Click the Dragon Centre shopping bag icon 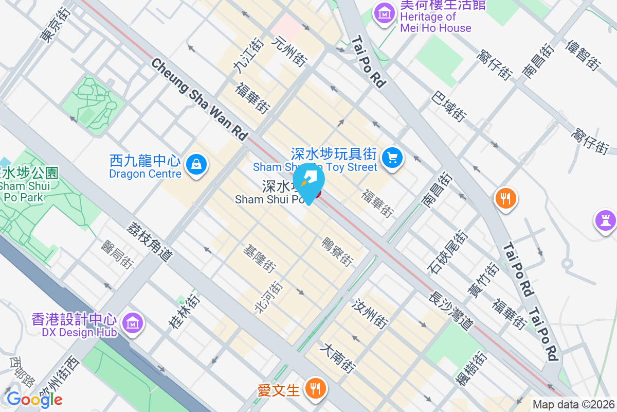(196, 165)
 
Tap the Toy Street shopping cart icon (393, 157)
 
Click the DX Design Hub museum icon (133, 323)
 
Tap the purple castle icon (605, 220)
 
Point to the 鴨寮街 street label (337, 251)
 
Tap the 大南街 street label (337, 358)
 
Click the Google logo (34, 399)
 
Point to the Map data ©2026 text (573, 405)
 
